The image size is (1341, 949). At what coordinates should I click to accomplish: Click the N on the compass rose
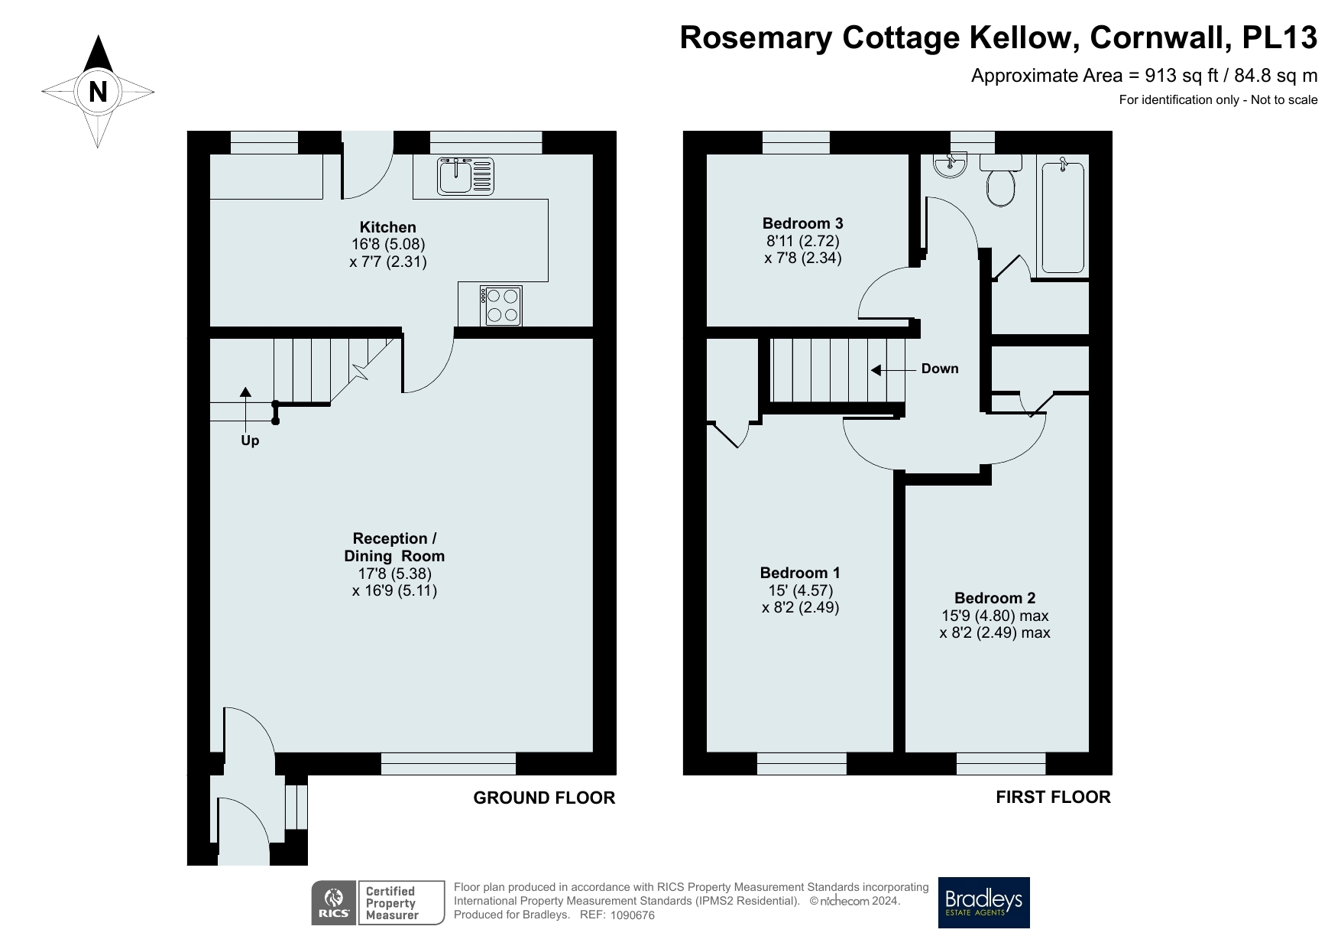tap(98, 92)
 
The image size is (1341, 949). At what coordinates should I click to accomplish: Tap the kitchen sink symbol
tap(465, 176)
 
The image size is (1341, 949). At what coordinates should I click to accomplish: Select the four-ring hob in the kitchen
tap(501, 305)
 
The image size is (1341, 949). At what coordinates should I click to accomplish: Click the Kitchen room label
tap(388, 227)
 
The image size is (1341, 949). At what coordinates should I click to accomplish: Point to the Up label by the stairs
tap(250, 440)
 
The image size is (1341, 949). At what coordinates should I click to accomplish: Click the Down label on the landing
tap(939, 369)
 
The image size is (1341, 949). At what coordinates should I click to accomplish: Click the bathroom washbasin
tap(951, 164)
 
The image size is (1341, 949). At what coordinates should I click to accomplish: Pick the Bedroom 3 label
tap(802, 223)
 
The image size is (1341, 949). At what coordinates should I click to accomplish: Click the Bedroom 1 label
tap(800, 573)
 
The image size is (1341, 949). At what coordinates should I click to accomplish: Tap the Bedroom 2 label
tap(995, 598)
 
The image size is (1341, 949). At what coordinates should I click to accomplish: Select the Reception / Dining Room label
tap(394, 548)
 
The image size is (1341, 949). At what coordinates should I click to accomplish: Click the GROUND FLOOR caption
tap(544, 798)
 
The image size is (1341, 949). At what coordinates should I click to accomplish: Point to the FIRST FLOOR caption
tap(1053, 797)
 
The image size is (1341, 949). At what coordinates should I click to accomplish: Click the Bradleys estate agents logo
tap(983, 902)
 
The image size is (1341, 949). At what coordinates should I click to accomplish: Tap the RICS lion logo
tap(334, 902)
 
